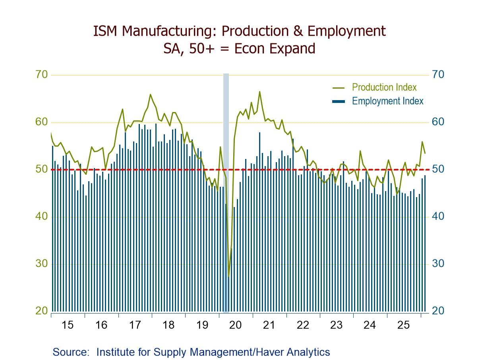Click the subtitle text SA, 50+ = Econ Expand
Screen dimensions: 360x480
239,48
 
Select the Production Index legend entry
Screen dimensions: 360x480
384,87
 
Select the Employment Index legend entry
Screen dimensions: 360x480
387,101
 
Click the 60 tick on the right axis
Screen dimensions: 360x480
438,122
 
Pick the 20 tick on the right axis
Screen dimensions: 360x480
438,311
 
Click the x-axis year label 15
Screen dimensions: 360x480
68,325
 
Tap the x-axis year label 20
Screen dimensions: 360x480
236,325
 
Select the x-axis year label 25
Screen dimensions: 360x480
403,325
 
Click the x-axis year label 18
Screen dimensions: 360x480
168,325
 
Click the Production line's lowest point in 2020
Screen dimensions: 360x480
228,276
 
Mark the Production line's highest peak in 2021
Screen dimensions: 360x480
259,92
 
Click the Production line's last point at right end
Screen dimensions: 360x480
425,153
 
